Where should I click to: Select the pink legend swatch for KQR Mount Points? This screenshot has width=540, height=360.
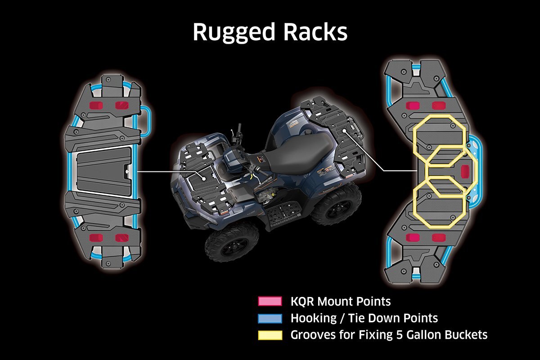click(x=270, y=301)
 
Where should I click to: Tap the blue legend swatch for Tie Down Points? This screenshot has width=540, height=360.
click(x=270, y=318)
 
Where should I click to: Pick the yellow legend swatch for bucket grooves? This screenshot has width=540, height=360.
click(x=270, y=335)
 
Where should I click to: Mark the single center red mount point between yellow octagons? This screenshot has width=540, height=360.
click(x=465, y=171)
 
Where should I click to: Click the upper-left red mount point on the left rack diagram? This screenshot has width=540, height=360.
click(x=96, y=105)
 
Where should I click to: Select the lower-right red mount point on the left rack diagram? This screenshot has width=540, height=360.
click(x=121, y=237)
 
